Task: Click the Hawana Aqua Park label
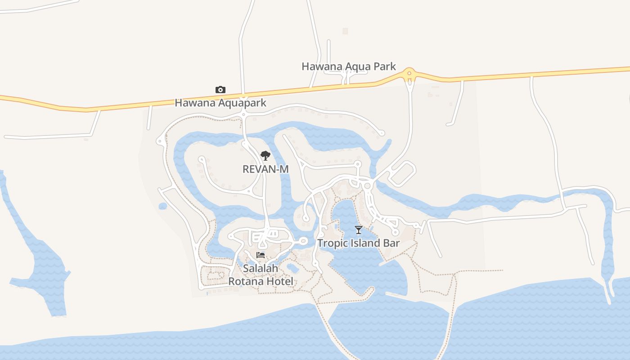coord(348,67)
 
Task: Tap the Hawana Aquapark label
coord(220,103)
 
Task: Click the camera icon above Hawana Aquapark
coord(220,90)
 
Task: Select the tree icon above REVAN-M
coord(265,156)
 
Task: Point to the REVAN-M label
coord(265,169)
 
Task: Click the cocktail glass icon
coord(358,230)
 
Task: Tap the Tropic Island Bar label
coord(358,243)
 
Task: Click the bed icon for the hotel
coord(261,255)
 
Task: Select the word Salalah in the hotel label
coord(261,268)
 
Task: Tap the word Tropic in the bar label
coord(332,243)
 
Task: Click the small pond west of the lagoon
coord(163,206)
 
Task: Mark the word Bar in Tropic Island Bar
coord(391,243)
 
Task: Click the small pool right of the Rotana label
coord(293,268)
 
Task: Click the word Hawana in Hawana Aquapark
coord(195,103)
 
